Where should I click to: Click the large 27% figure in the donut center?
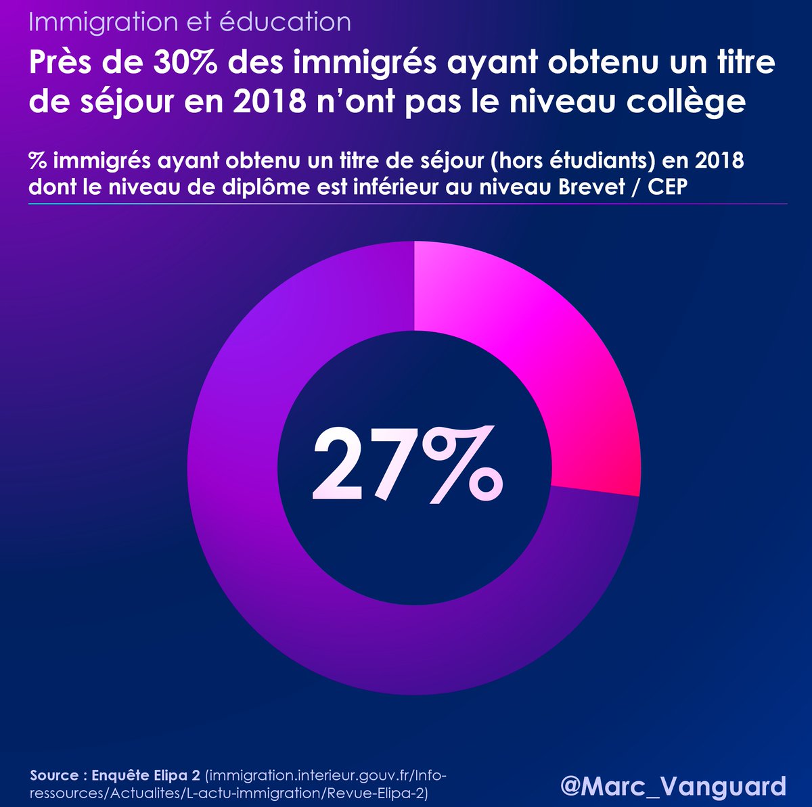[x=406, y=465]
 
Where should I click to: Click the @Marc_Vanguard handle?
[x=673, y=785]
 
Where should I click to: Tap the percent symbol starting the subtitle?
[x=37, y=161]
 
